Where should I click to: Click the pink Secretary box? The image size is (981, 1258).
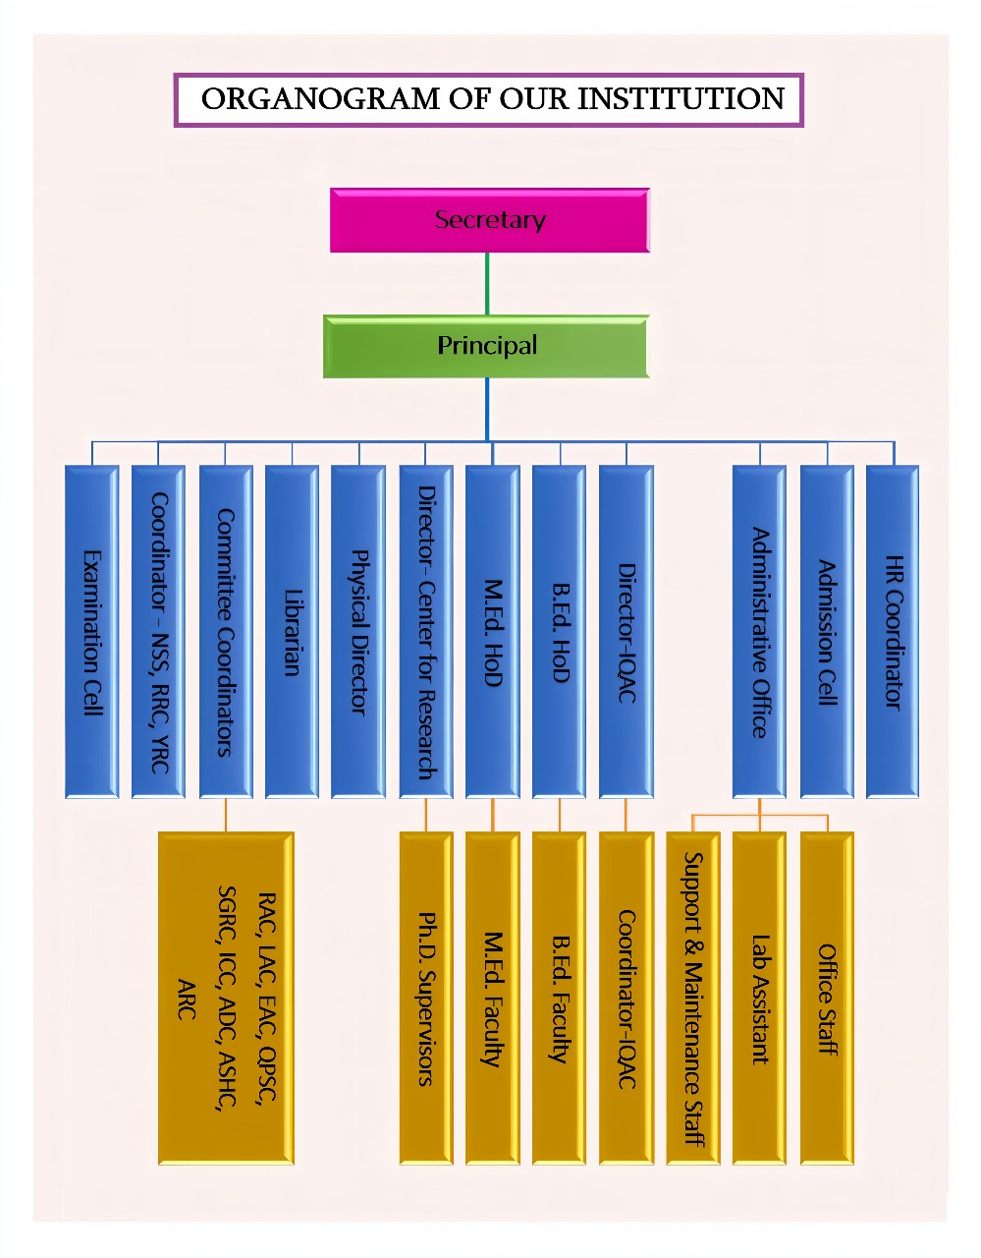click(489, 220)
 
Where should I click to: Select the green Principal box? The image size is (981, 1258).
click(486, 346)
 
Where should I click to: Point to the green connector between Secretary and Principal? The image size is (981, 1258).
click(487, 284)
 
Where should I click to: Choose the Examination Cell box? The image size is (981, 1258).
click(91, 631)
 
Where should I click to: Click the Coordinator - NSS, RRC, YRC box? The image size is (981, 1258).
click(158, 631)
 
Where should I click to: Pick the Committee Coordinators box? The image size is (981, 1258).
click(226, 631)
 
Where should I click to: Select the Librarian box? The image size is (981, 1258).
click(292, 631)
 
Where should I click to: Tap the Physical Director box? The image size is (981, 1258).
click(358, 631)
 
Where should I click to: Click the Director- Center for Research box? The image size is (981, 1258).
click(426, 631)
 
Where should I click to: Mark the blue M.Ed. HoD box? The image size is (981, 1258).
click(492, 631)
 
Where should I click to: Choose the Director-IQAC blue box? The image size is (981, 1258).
click(627, 631)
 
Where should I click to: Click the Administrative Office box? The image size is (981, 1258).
click(759, 631)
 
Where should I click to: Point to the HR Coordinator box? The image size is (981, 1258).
click(893, 631)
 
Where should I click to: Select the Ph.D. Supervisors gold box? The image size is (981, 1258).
click(426, 998)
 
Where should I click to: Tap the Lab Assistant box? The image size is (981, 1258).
click(759, 998)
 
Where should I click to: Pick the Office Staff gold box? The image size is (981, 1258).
click(827, 998)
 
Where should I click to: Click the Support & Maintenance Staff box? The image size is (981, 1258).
click(692, 998)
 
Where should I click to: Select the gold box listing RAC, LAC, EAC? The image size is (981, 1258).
click(226, 998)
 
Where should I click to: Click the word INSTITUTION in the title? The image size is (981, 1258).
click(681, 99)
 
